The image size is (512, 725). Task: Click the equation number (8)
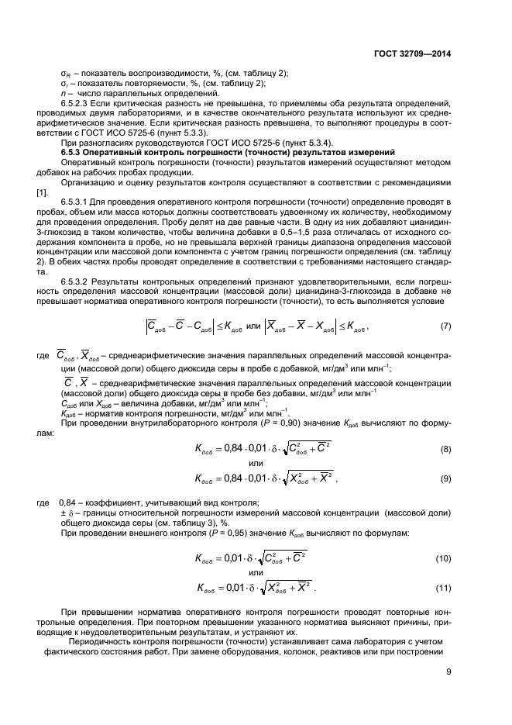(446, 449)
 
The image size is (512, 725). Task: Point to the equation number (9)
(446, 478)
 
